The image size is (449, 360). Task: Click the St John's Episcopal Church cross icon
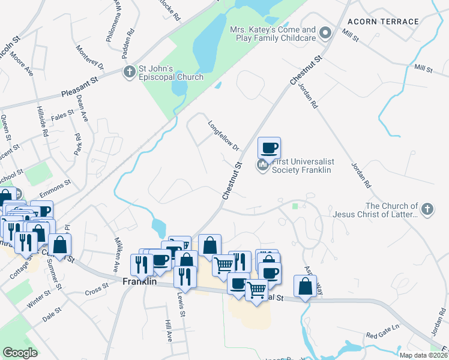pos(129,73)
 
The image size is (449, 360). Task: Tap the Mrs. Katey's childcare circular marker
pos(325,33)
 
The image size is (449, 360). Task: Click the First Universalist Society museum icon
pos(262,164)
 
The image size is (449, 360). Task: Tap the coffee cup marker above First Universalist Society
pos(269,147)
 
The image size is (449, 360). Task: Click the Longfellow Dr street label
pos(223,137)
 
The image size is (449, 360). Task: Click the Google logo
pos(20,353)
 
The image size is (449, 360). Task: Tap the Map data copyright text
pos(423,355)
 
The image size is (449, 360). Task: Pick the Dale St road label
pos(52,316)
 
